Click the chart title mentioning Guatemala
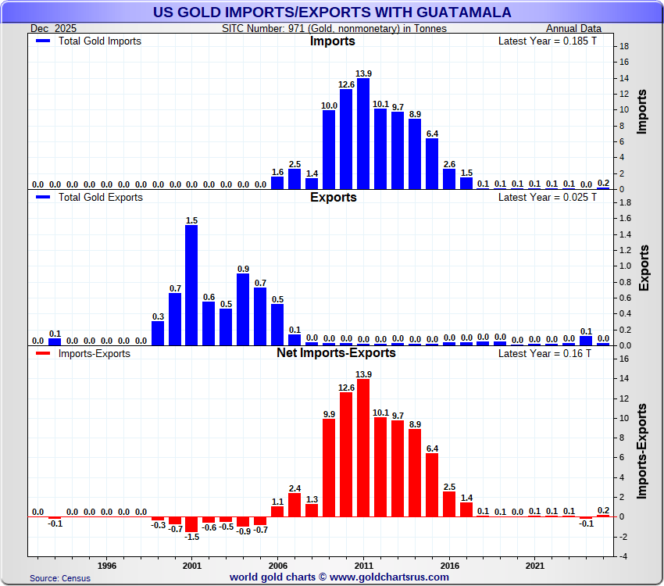(x=332, y=12)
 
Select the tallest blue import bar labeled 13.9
(x=363, y=134)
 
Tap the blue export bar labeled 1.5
(x=191, y=285)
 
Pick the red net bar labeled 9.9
(x=329, y=467)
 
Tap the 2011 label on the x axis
(x=363, y=564)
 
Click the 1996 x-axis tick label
(x=107, y=564)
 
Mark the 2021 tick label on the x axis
(x=534, y=564)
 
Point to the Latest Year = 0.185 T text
(x=548, y=41)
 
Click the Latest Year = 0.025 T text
(x=548, y=197)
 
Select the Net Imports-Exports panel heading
(x=336, y=353)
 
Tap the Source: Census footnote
(x=60, y=578)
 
